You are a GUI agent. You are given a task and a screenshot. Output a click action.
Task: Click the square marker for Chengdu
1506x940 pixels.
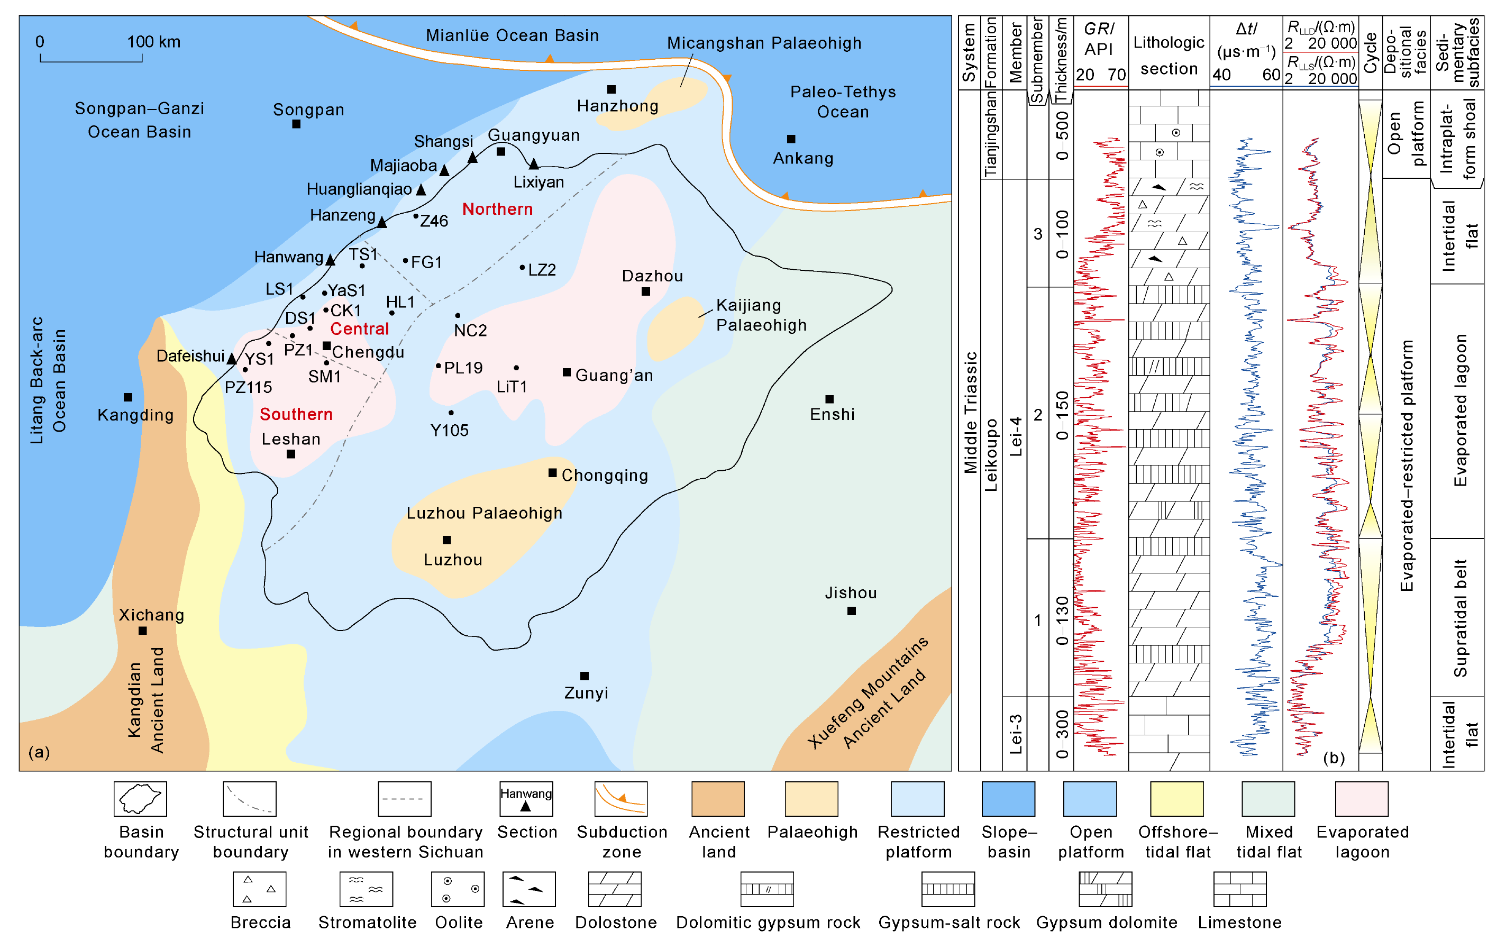point(326,345)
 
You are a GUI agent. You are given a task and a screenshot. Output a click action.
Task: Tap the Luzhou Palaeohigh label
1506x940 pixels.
point(484,513)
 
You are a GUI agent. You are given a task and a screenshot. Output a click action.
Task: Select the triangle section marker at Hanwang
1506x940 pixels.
point(330,260)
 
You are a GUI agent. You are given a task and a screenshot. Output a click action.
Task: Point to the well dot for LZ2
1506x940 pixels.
point(522,267)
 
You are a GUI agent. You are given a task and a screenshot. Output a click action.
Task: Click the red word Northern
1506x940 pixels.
point(497,209)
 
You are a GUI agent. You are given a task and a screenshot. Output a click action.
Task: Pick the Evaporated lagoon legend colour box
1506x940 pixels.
point(1361,798)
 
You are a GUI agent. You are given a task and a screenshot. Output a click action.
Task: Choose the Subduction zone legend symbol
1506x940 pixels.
point(621,798)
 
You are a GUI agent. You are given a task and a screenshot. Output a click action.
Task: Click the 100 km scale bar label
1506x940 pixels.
point(153,42)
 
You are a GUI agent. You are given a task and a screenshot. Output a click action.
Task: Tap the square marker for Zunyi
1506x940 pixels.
point(584,676)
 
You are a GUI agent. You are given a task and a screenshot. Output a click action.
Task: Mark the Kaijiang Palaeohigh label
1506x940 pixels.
point(761,315)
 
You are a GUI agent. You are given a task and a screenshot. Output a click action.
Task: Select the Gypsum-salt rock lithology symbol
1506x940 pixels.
point(948,889)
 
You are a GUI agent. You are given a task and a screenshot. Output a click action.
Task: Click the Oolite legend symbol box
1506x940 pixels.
point(458,889)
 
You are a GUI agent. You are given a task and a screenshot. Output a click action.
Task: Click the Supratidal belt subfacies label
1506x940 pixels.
point(1460,618)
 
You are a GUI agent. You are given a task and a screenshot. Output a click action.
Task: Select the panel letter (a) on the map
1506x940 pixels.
point(39,752)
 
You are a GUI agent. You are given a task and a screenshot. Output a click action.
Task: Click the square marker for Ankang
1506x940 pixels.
point(791,139)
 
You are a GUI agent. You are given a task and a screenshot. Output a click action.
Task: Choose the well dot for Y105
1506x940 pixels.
point(451,413)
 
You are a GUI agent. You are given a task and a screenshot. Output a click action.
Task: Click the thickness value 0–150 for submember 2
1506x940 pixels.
point(1062,415)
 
